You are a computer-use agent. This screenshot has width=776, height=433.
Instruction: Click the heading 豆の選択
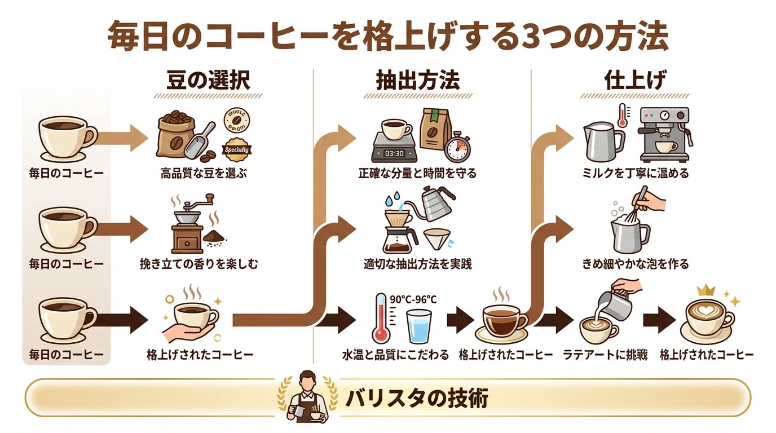[208, 81]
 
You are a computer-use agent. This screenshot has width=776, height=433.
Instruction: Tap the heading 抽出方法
[417, 81]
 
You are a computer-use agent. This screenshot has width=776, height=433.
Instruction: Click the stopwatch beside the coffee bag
[457, 149]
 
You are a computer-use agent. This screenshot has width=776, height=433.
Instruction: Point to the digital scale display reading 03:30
[394, 153]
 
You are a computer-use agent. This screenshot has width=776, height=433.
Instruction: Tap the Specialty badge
[237, 150]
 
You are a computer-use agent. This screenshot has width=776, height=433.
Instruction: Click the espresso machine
[664, 135]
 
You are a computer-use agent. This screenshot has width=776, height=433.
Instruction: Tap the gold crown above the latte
[706, 291]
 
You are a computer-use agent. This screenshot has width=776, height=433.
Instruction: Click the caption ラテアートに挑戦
[605, 355]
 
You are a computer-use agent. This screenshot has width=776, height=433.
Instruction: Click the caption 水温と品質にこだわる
[395, 355]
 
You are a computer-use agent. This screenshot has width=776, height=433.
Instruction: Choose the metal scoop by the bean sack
[203, 140]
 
